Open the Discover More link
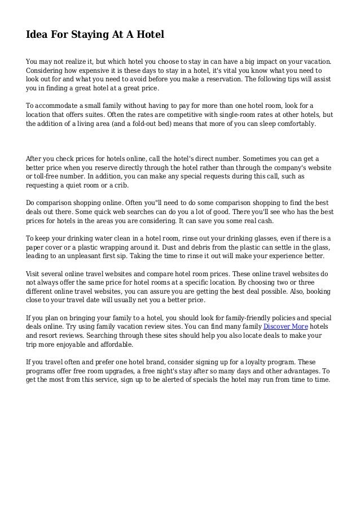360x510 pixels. click(286, 326)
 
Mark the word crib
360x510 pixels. click(121, 185)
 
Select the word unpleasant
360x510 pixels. click(87, 256)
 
